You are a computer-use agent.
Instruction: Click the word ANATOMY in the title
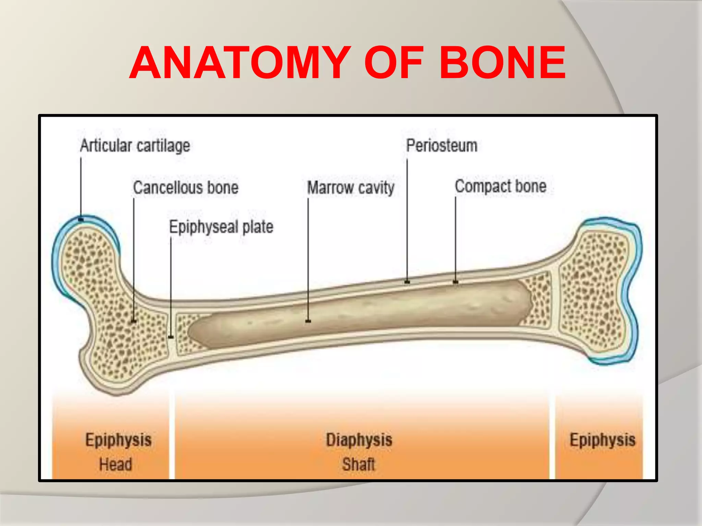click(240, 63)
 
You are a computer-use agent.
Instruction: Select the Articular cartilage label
click(135, 146)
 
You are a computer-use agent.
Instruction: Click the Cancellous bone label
click(185, 188)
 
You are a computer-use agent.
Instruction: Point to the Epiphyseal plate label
click(221, 227)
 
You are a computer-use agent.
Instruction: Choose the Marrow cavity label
click(351, 188)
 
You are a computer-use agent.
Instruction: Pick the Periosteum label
click(441, 146)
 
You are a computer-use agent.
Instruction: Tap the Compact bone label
click(500, 186)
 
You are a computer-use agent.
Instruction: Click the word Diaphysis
click(359, 440)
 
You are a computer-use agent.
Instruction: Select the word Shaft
click(359, 465)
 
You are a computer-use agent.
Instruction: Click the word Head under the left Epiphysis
click(116, 465)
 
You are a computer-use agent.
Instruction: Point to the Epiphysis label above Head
click(118, 440)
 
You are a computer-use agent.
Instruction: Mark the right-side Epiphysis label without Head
click(602, 440)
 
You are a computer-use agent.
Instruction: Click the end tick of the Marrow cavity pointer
click(308, 321)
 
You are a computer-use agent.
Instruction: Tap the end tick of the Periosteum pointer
click(407, 282)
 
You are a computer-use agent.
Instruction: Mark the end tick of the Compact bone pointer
click(456, 282)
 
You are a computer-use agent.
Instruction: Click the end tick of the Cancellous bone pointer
click(134, 321)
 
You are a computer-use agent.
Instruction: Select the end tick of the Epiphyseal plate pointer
click(171, 337)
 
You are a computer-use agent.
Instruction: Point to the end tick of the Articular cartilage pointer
click(81, 219)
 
